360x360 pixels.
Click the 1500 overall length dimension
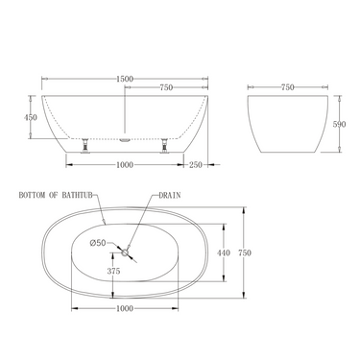coord(124,78)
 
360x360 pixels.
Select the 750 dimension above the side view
coord(165,88)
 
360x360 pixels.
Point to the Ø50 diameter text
coord(99,242)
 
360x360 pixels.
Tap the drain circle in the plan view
coord(125,252)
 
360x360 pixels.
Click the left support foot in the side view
coord(86,144)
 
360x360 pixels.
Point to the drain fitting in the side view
coord(125,138)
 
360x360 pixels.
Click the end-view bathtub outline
coord(288,125)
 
